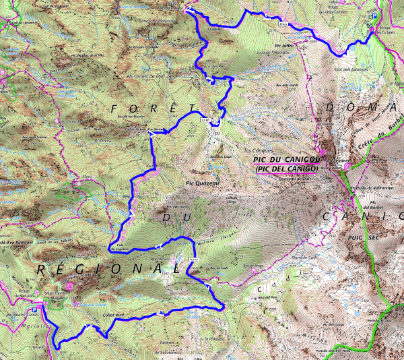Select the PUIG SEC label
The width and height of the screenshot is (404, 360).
point(356,237)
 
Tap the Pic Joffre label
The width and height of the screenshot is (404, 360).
point(281,47)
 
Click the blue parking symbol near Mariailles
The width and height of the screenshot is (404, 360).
point(42,305)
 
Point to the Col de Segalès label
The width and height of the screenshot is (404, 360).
point(119,246)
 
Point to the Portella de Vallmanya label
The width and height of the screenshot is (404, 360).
point(368,177)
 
